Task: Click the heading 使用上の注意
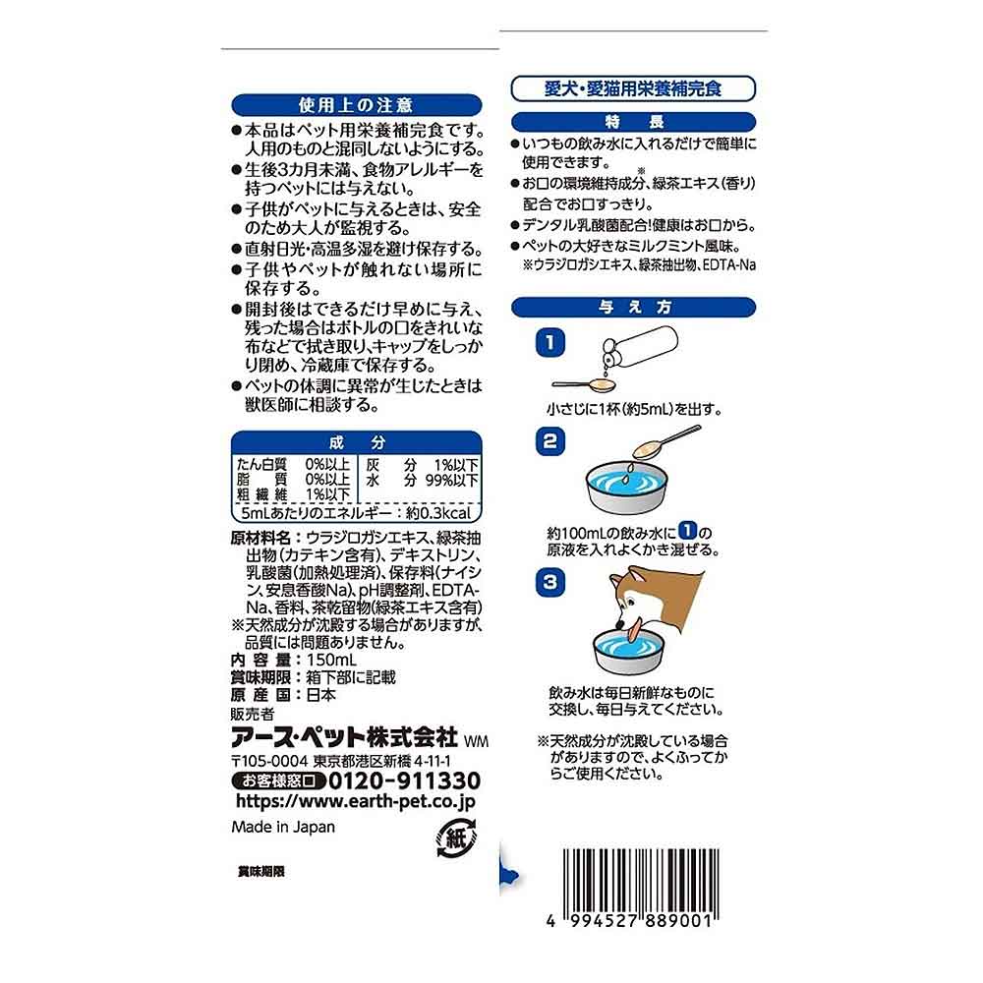pos(356,105)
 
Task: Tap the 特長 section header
pos(633,122)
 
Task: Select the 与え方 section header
pos(633,307)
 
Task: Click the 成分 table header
pos(356,442)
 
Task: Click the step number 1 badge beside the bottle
pos(549,342)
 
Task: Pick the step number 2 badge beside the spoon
pos(549,440)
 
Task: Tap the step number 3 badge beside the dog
pos(549,582)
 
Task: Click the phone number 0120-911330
pos(404,781)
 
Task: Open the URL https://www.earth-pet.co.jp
pos(356,802)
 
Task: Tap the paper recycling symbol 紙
pos(456,838)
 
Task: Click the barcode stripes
pos(641,880)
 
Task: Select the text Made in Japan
pos(283,827)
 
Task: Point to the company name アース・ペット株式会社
pos(344,738)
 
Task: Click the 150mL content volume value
pos(331,660)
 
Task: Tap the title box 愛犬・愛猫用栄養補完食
pos(633,88)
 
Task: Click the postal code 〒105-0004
pos(269,761)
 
